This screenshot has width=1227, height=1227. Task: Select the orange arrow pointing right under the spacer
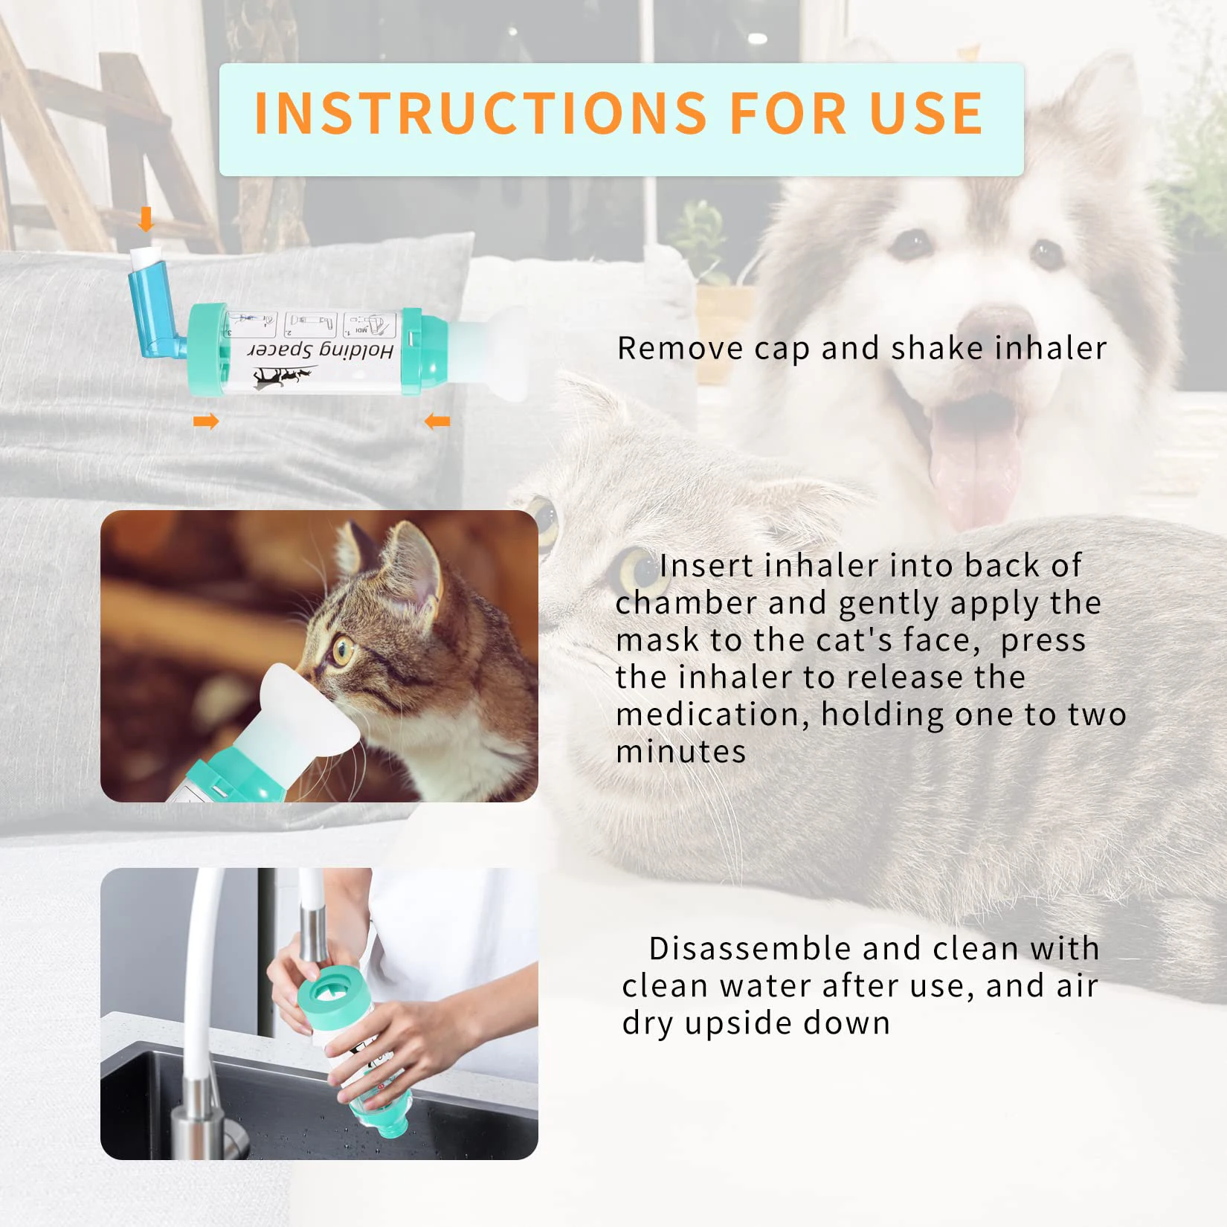pos(206,422)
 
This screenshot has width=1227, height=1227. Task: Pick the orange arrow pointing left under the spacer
pos(437,422)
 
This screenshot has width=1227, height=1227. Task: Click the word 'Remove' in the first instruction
pos(680,348)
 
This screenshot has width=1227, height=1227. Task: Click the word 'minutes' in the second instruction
pos(680,752)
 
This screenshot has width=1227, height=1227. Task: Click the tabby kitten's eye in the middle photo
pos(342,651)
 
